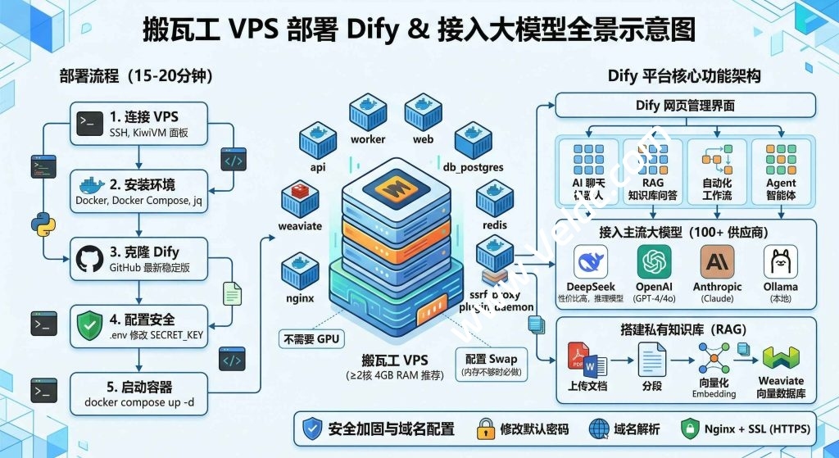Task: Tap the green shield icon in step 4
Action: (88, 324)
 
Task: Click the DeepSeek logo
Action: (590, 261)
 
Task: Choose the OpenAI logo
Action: (653, 261)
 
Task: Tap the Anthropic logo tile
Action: (717, 261)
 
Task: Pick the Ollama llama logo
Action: (780, 261)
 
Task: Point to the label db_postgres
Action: (473, 167)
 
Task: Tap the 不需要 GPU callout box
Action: (311, 338)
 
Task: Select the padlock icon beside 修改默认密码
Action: (485, 429)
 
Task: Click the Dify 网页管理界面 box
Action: (685, 105)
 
